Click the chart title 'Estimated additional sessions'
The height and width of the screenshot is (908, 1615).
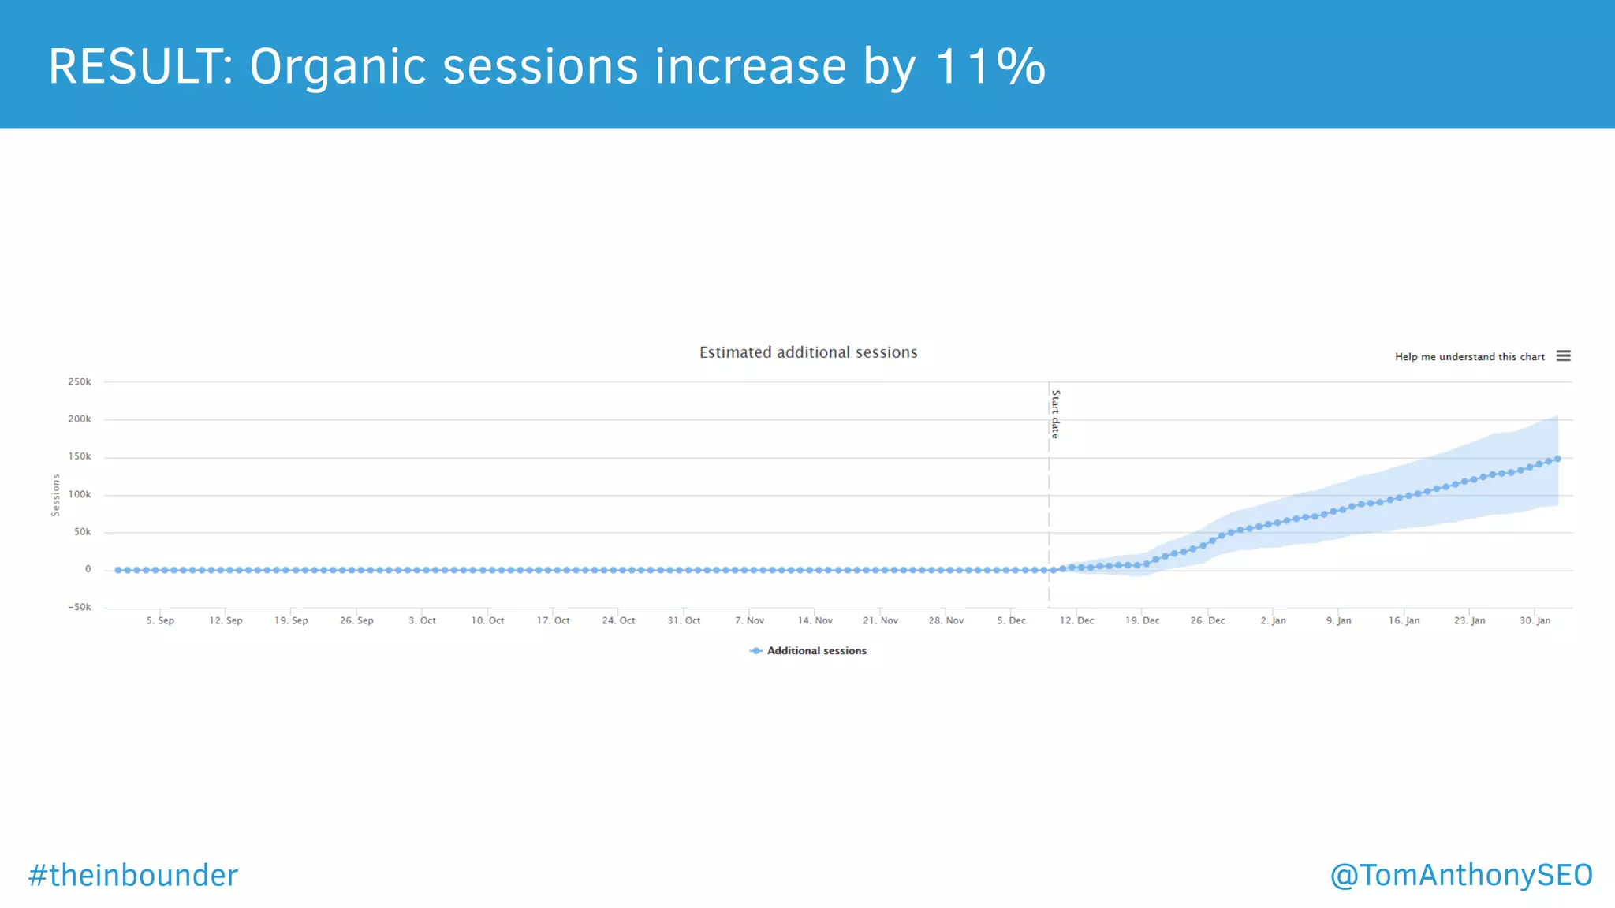[x=808, y=352]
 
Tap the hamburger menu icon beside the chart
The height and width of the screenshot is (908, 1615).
[x=1563, y=356]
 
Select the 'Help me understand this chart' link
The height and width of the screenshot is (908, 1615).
[x=1469, y=357]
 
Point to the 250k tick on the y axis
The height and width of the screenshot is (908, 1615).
[x=80, y=382]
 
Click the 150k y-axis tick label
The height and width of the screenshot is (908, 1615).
[x=80, y=457]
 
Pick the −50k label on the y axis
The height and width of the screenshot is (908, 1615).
[x=79, y=608]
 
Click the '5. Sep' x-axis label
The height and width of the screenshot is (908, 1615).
[x=160, y=621]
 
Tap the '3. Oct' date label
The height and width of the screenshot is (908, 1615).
[x=422, y=621]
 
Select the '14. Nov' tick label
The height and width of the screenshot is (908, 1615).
[x=815, y=621]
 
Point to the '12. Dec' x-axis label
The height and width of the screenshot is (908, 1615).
[x=1076, y=621]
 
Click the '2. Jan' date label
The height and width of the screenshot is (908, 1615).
[x=1273, y=621]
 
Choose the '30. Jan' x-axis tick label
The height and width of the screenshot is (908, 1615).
[x=1535, y=621]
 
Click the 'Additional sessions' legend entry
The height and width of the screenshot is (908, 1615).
[x=816, y=651]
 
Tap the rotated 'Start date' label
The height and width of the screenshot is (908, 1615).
[x=1055, y=414]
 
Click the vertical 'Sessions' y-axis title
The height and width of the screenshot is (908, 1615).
[x=56, y=495]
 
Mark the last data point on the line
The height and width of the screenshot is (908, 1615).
[x=1557, y=459]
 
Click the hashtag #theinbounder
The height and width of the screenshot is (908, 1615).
[x=132, y=876]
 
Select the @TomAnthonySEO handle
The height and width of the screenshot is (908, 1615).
[x=1461, y=876]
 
